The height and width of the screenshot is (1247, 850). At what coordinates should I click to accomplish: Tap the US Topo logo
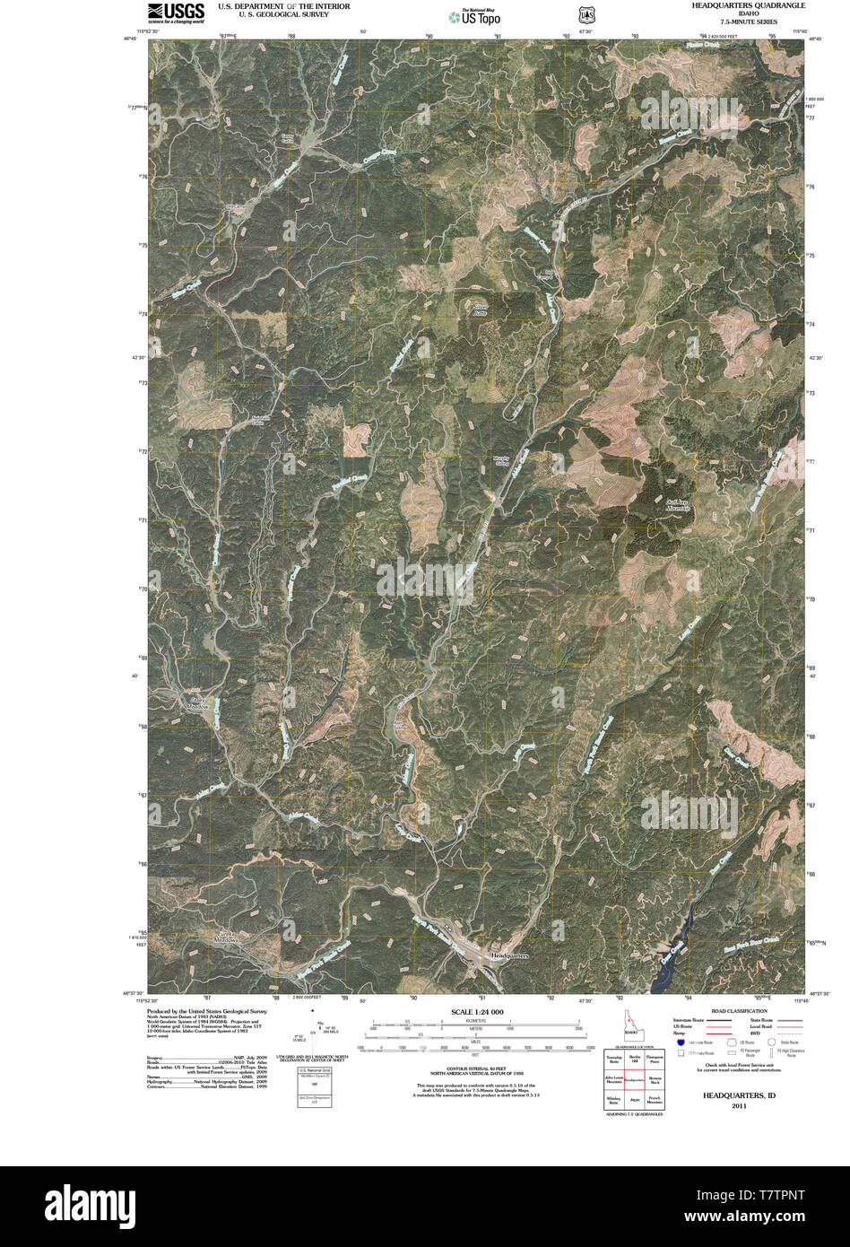(x=474, y=17)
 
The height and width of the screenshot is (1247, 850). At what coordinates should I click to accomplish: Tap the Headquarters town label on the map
(x=510, y=956)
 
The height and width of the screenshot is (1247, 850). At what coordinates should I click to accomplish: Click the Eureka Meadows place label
(x=222, y=937)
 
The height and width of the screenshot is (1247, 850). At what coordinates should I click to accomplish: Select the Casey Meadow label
(x=197, y=703)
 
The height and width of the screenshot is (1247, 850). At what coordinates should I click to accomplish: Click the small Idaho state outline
(x=631, y=1025)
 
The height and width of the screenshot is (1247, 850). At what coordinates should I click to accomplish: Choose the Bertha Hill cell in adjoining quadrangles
(x=634, y=1060)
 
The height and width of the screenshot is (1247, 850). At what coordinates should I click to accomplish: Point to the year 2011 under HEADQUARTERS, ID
(x=739, y=1106)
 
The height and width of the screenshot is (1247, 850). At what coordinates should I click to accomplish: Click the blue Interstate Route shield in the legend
(x=681, y=1042)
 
